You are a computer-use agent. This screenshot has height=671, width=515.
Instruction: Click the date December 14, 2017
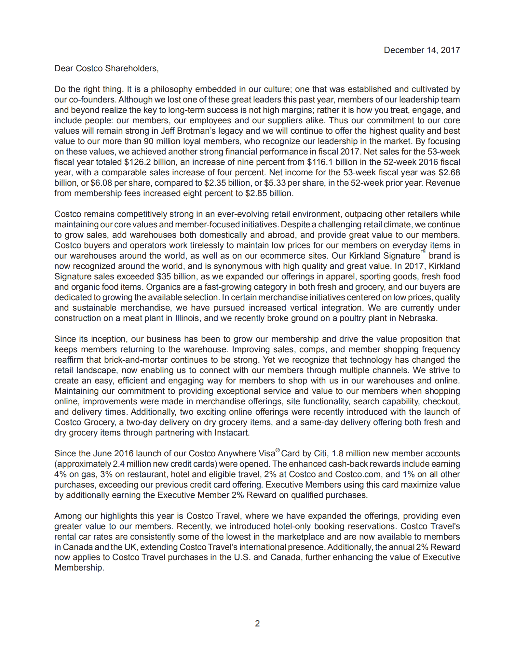tap(422, 50)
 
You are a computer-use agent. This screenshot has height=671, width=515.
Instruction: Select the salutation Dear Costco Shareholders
tap(106, 68)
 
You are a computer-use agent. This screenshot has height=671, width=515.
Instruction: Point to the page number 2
tap(257, 623)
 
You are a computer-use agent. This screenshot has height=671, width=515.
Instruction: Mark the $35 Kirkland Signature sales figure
tap(163, 276)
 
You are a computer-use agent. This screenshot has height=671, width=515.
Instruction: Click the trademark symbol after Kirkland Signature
tap(423, 252)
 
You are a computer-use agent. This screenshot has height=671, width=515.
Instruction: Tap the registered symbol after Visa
tap(278, 450)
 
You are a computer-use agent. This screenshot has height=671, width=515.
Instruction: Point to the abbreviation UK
tap(130, 547)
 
